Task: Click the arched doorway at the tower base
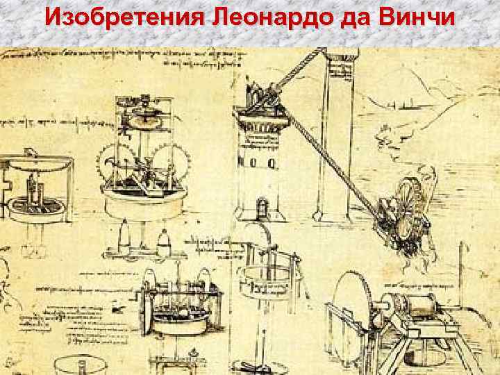tap(262, 206)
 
